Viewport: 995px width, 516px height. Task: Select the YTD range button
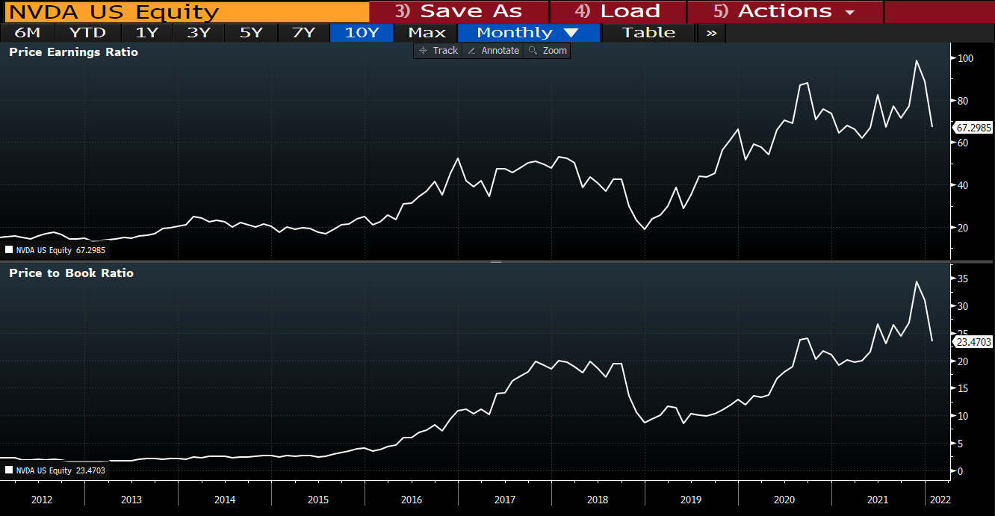87,33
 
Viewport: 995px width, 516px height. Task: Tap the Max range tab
427,33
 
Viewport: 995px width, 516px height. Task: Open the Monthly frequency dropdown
528,33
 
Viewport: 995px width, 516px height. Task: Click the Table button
648,33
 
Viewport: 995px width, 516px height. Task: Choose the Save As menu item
459,12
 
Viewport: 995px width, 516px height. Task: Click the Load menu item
618,12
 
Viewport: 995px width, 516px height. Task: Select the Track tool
438,51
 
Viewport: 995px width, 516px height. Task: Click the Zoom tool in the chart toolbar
548,51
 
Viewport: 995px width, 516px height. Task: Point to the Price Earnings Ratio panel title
73,52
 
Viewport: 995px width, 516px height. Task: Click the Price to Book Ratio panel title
71,273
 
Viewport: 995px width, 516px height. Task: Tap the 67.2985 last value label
973,128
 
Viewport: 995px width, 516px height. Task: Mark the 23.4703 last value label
973,342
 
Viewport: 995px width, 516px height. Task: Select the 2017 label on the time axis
504,500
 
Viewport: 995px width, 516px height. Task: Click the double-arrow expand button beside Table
711,33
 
